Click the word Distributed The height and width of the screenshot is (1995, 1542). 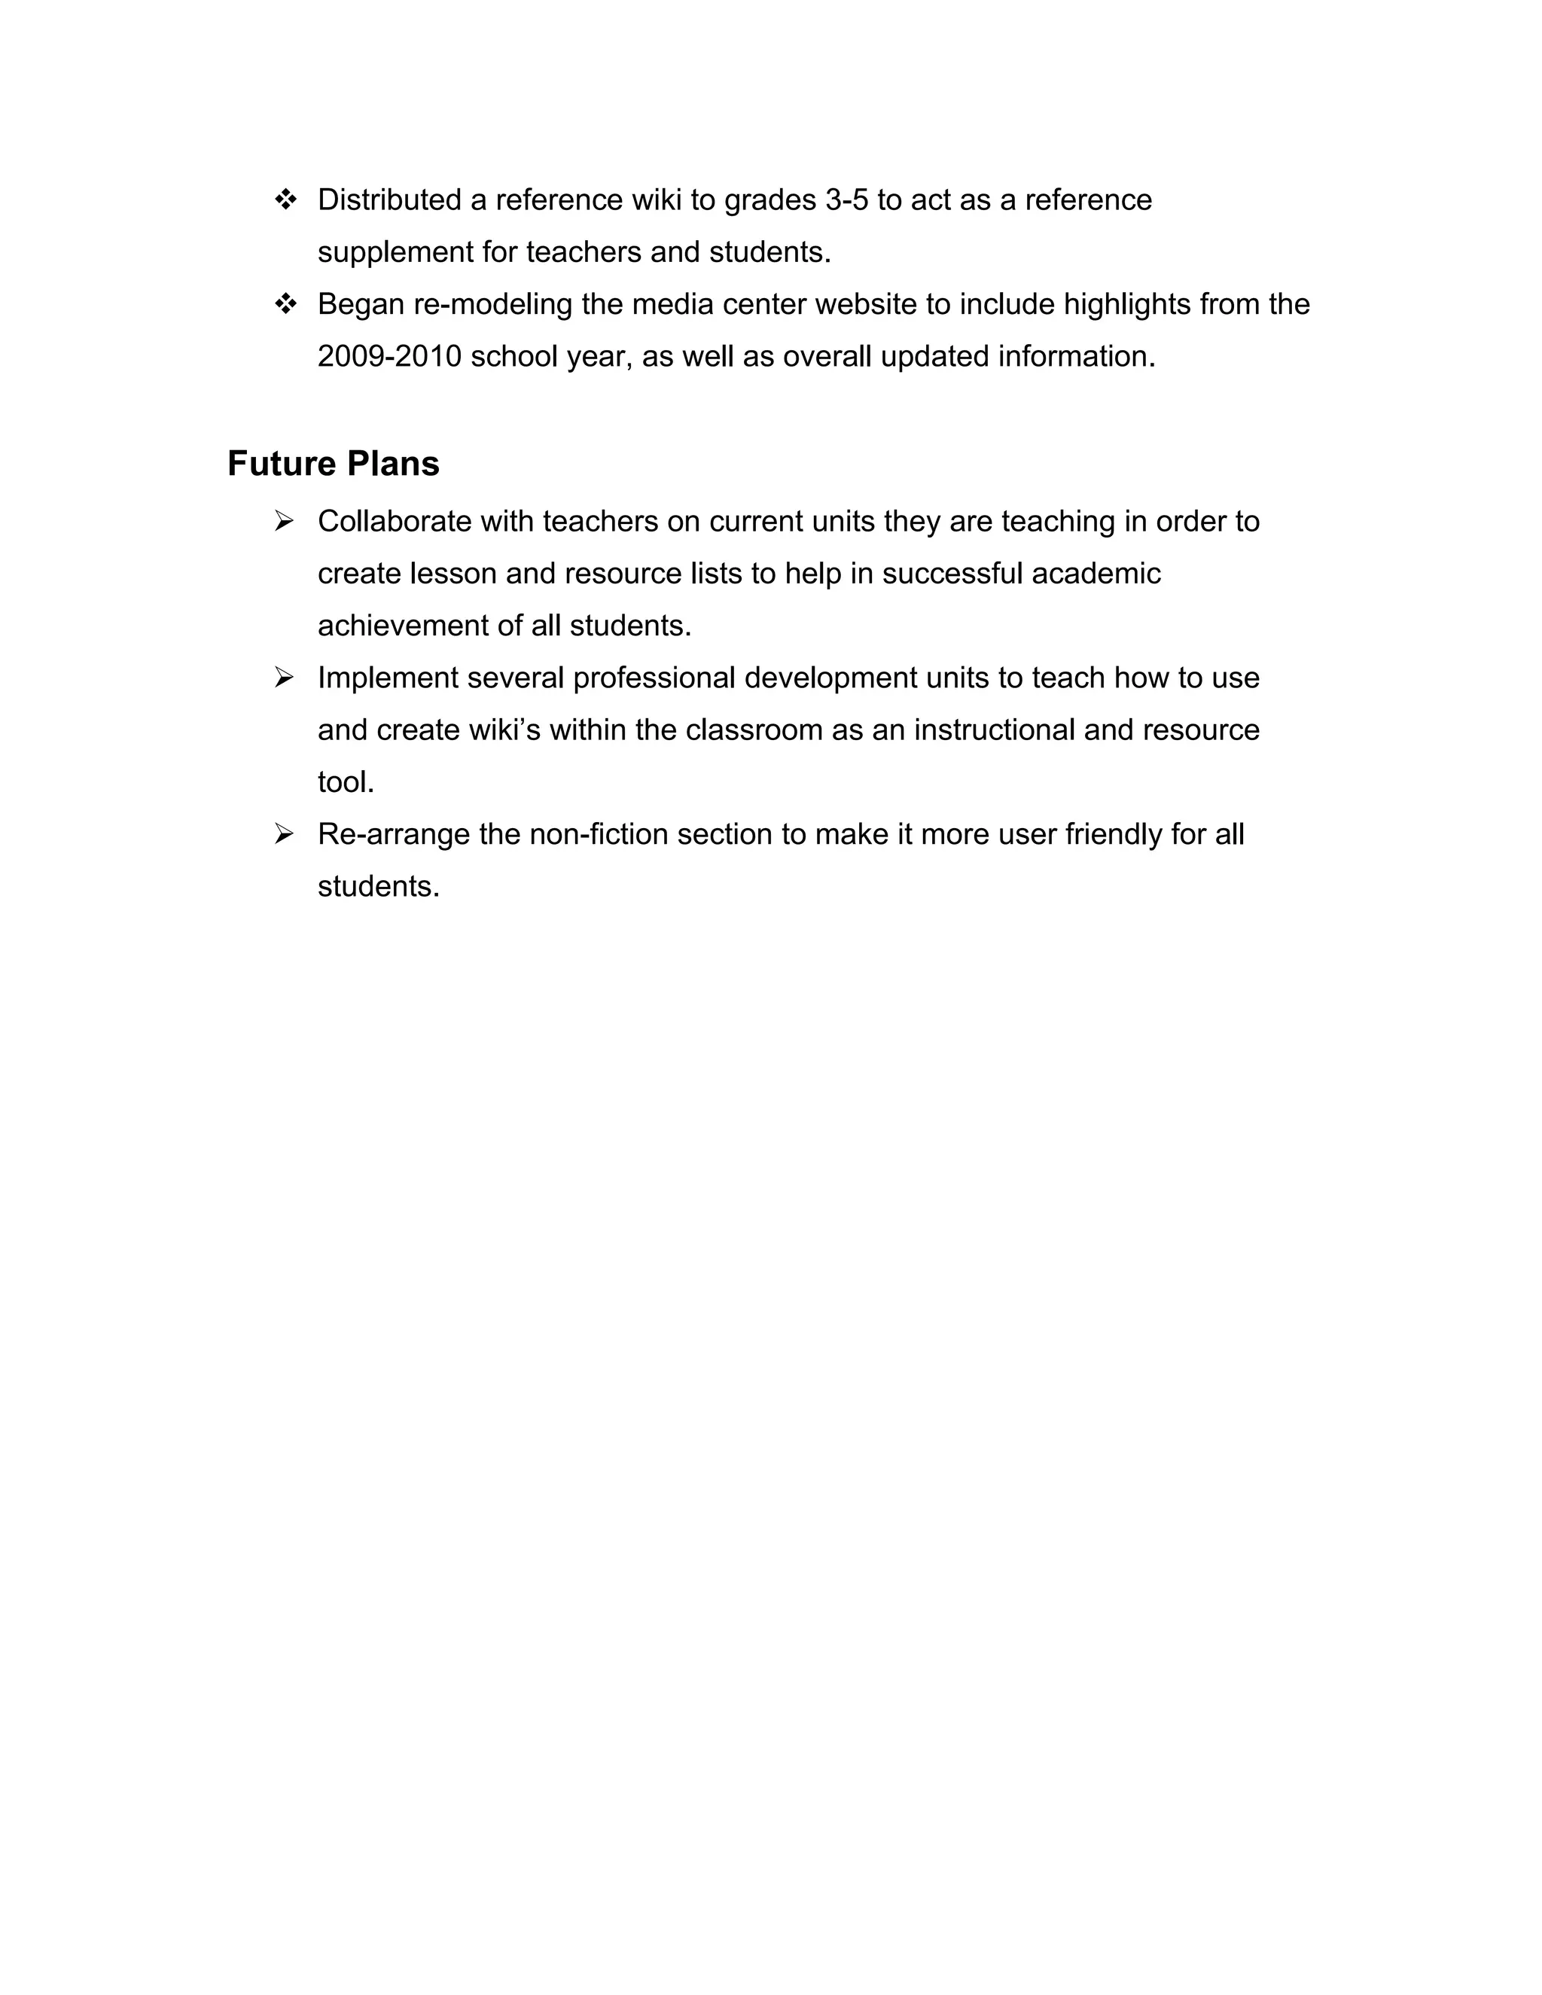pyautogui.click(x=389, y=200)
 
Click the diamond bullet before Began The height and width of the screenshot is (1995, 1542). pyautogui.click(x=285, y=304)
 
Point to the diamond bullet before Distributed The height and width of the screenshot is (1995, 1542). pyautogui.click(x=285, y=200)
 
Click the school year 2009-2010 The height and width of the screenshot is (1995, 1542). pyautogui.click(x=389, y=356)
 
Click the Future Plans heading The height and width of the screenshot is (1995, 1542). pyautogui.click(x=334, y=464)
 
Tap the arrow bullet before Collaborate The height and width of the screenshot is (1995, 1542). pyautogui.click(x=284, y=522)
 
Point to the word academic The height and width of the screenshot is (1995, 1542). pyautogui.click(x=1096, y=574)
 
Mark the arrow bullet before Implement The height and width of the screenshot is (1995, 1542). pyautogui.click(x=284, y=678)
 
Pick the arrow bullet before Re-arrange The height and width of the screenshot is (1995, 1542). pyautogui.click(x=284, y=834)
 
